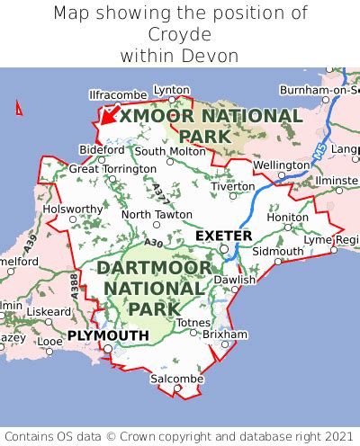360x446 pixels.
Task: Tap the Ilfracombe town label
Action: point(117,94)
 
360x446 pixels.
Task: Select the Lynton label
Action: point(172,90)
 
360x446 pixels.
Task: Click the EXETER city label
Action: point(224,236)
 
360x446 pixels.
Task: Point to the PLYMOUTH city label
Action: point(107,335)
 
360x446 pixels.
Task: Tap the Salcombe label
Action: point(176,379)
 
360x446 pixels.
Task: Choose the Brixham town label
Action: point(225,334)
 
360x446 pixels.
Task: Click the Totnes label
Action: point(193,322)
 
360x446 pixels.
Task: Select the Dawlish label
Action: point(236,281)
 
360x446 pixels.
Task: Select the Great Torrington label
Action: point(112,168)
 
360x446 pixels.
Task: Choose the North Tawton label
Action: point(157,215)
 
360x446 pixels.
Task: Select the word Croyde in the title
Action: point(180,34)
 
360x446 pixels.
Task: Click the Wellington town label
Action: point(282,166)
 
